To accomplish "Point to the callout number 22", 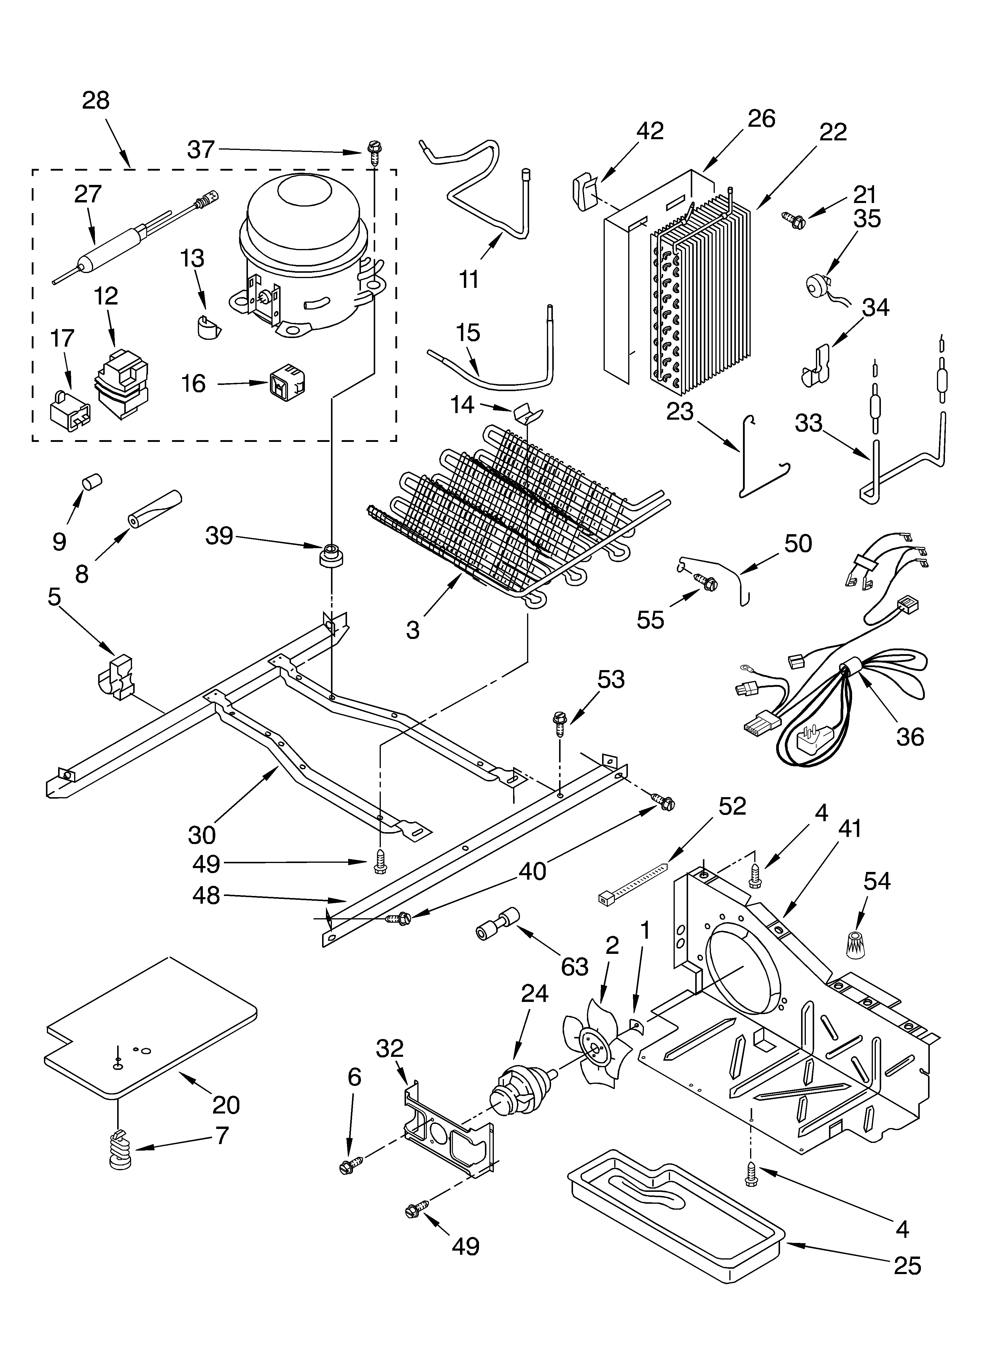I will click(x=833, y=132).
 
